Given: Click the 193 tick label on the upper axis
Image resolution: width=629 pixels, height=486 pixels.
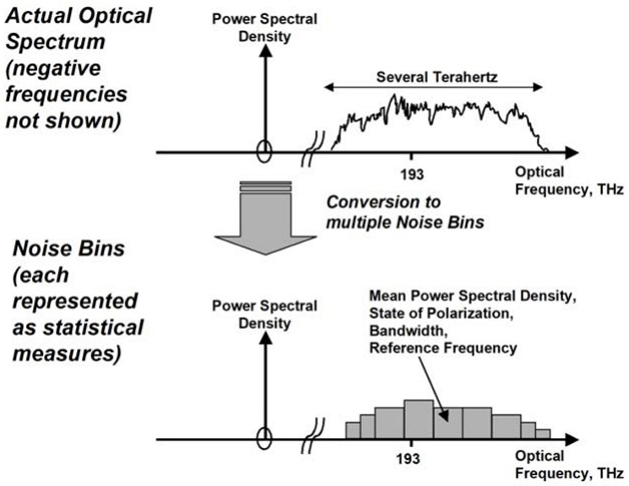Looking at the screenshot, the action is [x=412, y=175].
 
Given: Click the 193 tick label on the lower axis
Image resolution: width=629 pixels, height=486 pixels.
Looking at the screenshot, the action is [x=408, y=459].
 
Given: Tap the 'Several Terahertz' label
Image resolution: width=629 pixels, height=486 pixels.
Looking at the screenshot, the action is [x=437, y=77].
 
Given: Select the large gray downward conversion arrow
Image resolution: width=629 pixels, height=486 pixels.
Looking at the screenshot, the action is [x=266, y=218].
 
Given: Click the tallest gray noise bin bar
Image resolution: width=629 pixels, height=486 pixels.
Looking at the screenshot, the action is [x=419, y=419].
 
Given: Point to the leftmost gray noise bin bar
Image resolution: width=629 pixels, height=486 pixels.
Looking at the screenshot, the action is [x=353, y=430].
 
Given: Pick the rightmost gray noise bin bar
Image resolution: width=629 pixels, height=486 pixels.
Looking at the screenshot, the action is [x=543, y=434].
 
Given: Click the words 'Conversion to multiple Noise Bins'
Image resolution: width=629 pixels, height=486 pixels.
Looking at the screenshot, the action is [x=405, y=212].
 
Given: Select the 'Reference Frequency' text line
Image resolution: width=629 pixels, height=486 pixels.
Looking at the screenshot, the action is [x=443, y=348].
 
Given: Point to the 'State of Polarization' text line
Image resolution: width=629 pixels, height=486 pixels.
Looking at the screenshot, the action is [x=442, y=313].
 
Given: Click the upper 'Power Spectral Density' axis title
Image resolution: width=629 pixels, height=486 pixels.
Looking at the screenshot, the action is [x=264, y=27].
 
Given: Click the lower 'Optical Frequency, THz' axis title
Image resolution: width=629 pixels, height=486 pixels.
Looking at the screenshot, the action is [x=569, y=464].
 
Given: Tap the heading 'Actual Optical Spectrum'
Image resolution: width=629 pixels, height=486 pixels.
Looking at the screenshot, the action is [x=79, y=29].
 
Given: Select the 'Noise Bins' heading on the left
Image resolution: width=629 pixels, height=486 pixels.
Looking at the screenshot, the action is [x=68, y=248].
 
